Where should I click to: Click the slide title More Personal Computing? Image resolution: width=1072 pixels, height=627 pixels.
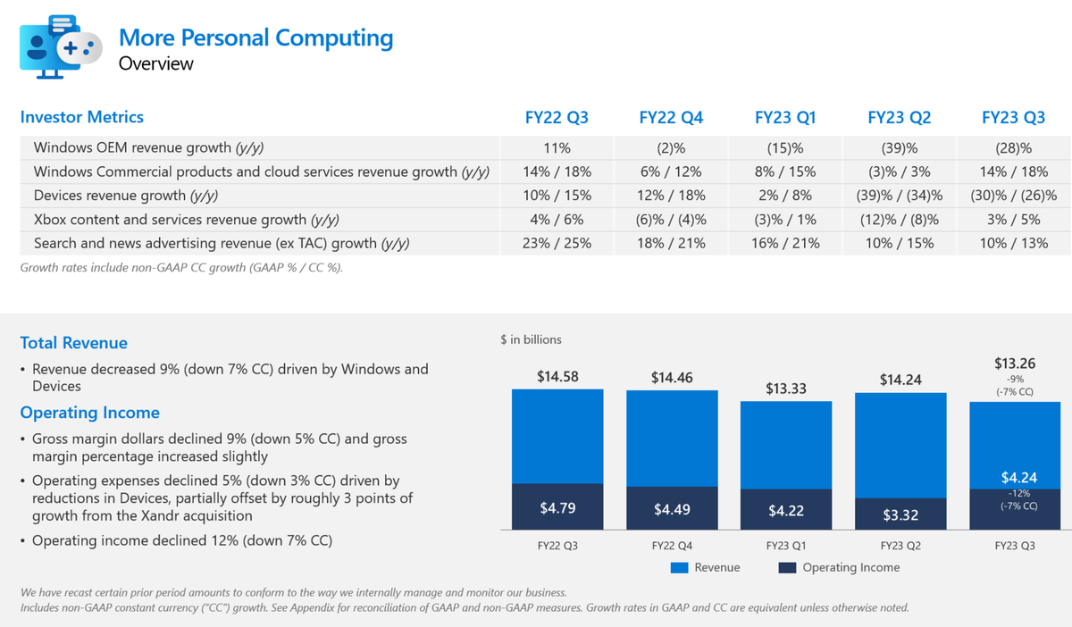pyautogui.click(x=255, y=38)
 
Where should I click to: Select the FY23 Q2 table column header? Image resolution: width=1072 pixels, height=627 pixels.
pyautogui.click(x=900, y=118)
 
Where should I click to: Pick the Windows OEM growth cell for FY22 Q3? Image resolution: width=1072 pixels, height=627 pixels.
pyautogui.click(x=557, y=148)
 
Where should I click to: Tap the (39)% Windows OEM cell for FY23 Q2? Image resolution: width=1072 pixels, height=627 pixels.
pyautogui.click(x=900, y=148)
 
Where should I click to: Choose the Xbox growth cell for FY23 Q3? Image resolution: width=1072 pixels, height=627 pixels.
pyautogui.click(x=1013, y=220)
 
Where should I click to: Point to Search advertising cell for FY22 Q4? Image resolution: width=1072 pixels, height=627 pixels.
pyautogui.click(x=672, y=243)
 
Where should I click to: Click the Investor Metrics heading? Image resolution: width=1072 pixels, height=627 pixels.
pyautogui.click(x=82, y=117)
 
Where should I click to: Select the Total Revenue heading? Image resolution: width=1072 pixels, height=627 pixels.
pyautogui.click(x=74, y=343)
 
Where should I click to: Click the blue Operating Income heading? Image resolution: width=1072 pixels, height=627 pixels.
pyautogui.click(x=90, y=413)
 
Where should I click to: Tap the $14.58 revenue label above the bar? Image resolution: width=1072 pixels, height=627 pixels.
pyautogui.click(x=557, y=377)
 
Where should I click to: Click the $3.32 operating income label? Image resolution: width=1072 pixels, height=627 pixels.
pyautogui.click(x=900, y=515)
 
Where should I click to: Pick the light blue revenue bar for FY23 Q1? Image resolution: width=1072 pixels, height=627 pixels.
pyautogui.click(x=786, y=445)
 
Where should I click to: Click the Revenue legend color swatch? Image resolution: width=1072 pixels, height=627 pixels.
pyautogui.click(x=678, y=568)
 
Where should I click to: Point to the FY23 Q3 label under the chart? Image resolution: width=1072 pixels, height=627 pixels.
pyautogui.click(x=1014, y=545)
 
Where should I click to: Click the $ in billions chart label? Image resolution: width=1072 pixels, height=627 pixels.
pyautogui.click(x=532, y=340)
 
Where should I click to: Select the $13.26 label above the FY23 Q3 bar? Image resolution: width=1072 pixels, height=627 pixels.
pyautogui.click(x=1014, y=364)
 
